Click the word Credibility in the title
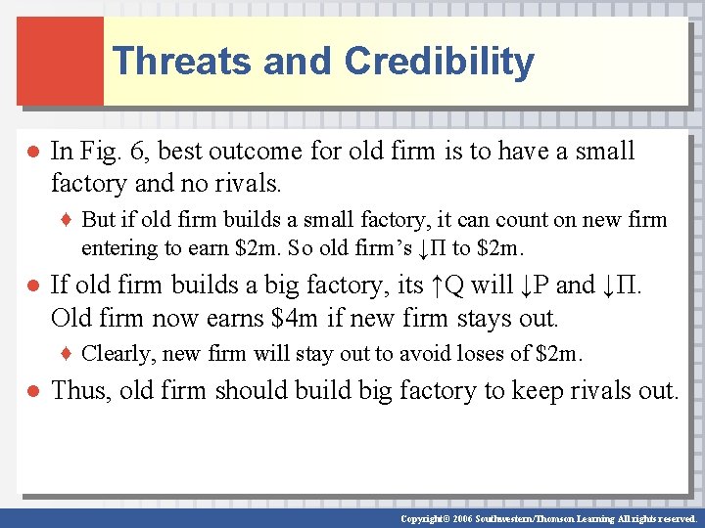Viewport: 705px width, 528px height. coord(439,61)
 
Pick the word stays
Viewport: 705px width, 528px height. coord(497,318)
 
